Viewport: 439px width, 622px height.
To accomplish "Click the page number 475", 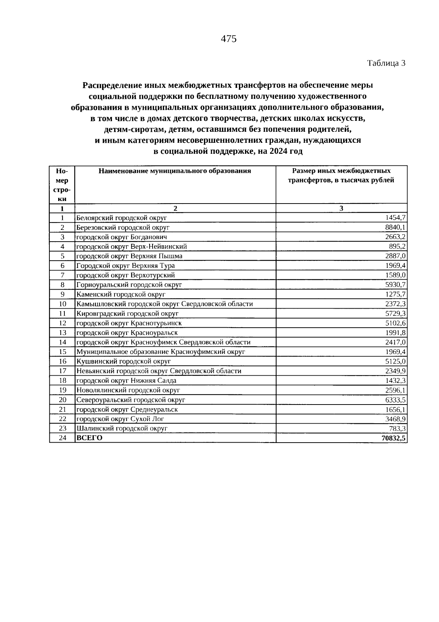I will coord(229,39).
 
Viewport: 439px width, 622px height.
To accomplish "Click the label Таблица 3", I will coord(386,63).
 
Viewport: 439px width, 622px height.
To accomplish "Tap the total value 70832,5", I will coord(394,438).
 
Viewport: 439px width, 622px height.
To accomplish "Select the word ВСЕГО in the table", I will coord(90,438).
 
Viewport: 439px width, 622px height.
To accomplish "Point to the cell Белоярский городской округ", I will coord(121,218).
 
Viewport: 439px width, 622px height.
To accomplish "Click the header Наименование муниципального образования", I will coord(175,171).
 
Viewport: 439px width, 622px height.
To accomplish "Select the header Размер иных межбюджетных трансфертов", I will coord(341,175).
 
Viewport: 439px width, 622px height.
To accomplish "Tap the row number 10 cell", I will coord(62,304).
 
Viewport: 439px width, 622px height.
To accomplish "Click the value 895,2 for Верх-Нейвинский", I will coord(397,247).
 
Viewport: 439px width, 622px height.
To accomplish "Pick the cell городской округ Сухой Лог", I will coord(120,419).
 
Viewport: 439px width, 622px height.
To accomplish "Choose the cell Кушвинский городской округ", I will coord(124,361).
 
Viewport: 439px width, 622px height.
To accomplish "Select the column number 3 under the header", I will coord(341,208).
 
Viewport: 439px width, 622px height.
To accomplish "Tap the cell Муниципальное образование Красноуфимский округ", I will coord(161,352).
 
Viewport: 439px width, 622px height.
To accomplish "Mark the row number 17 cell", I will coord(62,371).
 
